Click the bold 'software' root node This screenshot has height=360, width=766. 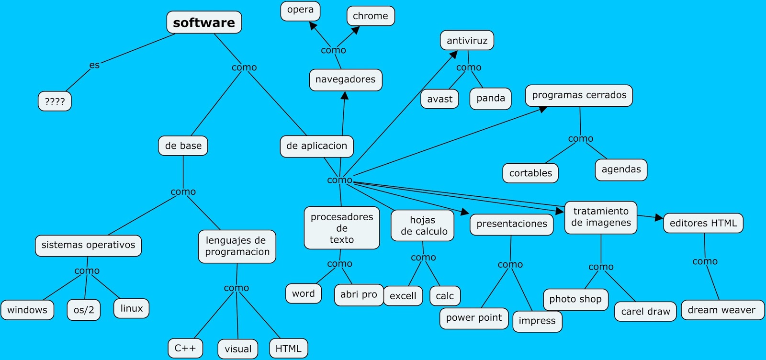204,22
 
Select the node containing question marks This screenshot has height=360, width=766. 55,101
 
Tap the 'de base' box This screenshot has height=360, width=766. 183,146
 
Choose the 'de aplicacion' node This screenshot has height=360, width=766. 316,146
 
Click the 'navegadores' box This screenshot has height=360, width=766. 345,79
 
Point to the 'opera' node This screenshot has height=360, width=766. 300,10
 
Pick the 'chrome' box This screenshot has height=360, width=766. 370,16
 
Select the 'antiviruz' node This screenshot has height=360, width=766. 467,41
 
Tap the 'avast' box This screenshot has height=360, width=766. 439,99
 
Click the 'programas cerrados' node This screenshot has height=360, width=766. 579,95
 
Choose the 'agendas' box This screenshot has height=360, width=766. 621,169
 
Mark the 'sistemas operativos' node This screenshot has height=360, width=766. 88,245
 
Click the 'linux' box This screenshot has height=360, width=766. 132,308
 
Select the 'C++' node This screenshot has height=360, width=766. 185,348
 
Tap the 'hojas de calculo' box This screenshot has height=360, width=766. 423,225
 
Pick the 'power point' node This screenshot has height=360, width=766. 473,318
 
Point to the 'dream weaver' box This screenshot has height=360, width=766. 721,310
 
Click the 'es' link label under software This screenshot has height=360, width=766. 94,65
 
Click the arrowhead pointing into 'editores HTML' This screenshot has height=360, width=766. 659,218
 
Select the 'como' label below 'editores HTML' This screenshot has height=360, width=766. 705,261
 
